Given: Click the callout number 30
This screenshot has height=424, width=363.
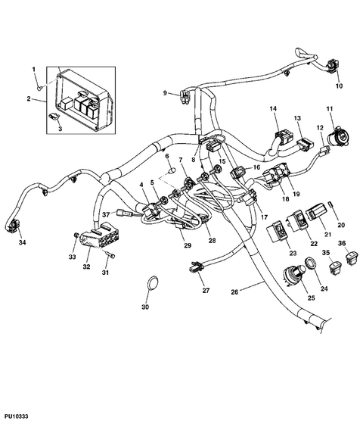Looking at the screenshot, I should (145, 307).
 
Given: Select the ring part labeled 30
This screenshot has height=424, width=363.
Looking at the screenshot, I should (151, 285).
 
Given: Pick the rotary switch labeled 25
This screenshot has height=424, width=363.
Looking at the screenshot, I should (292, 278).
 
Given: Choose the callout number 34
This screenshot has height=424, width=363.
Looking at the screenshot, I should (21, 243).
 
